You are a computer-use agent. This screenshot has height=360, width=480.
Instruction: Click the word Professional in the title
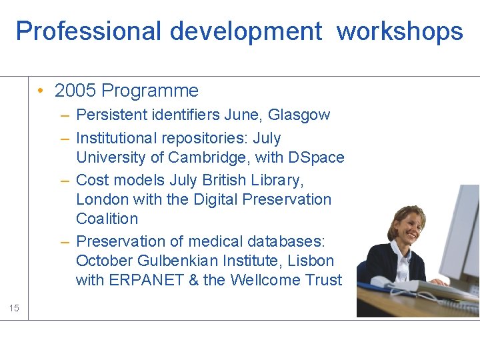[88, 31]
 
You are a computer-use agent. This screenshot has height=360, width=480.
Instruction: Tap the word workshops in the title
[399, 31]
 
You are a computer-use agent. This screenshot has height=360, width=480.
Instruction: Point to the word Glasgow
[299, 115]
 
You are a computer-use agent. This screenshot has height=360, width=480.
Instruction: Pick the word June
[244, 115]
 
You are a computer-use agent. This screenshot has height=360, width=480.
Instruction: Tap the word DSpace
[315, 157]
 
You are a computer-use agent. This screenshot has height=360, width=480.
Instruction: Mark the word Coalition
[107, 219]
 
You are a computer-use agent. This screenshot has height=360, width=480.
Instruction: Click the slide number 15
[14, 307]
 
